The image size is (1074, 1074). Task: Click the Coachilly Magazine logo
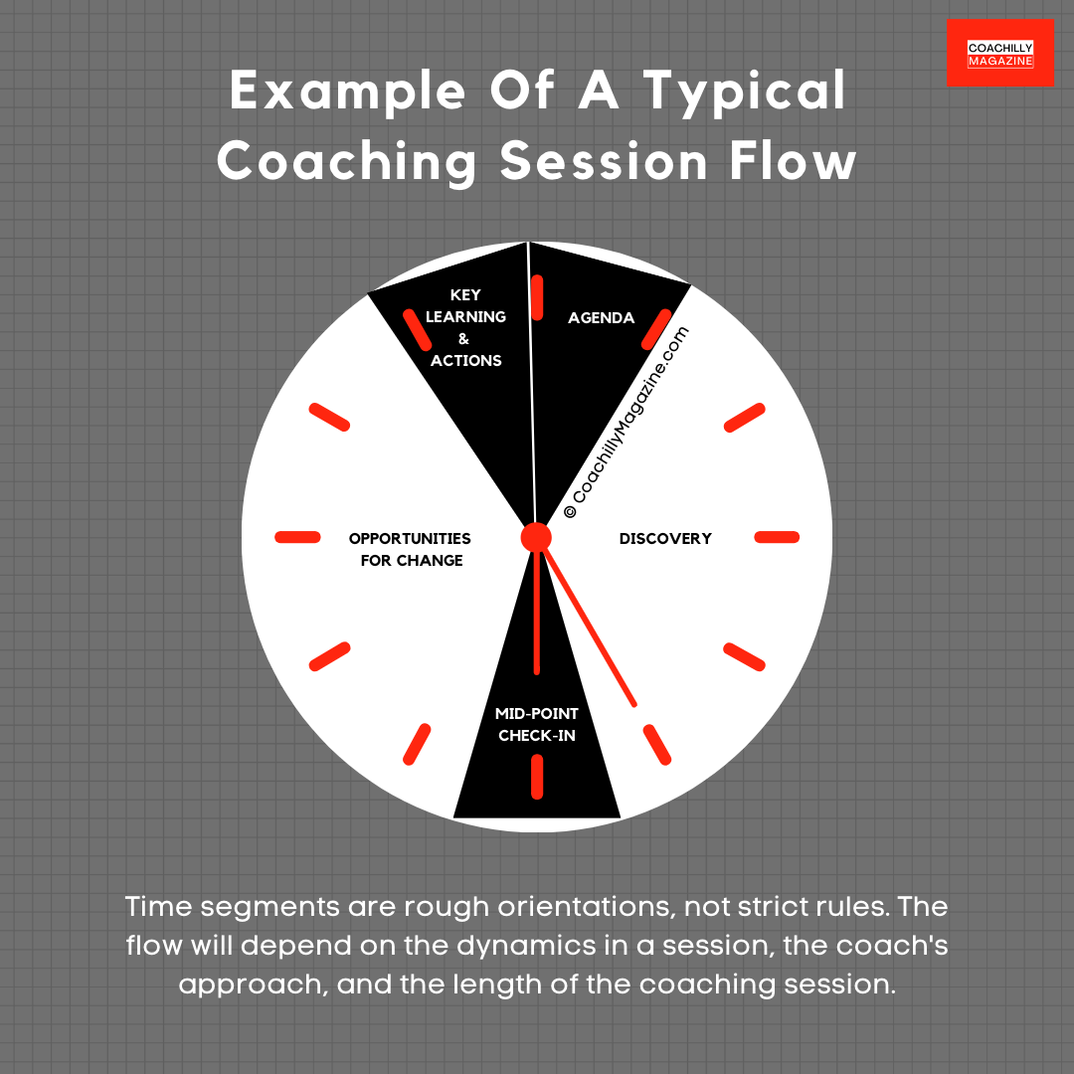999,54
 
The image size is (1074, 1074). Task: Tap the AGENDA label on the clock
601,318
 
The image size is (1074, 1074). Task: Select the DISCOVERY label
665,538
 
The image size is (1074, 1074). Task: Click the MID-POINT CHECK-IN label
537,725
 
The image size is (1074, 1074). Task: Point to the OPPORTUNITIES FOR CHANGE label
409,549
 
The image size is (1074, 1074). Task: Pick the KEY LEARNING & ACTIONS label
465,328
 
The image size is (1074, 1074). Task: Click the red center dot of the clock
536,537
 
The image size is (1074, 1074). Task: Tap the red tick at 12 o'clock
537,297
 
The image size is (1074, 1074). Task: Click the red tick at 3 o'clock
777,537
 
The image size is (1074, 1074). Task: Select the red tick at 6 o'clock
537,777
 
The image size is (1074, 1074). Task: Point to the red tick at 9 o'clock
297,537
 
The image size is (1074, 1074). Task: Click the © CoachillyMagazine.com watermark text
626,424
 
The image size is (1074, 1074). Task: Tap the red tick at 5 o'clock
657,744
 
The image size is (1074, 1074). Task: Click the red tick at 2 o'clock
744,418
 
